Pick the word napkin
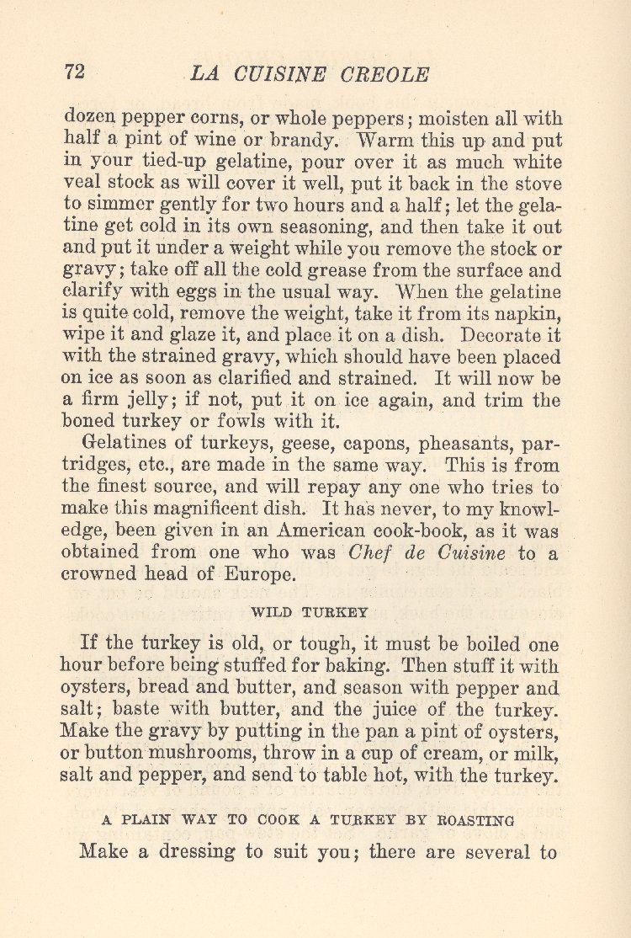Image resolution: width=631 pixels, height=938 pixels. (x=526, y=313)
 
